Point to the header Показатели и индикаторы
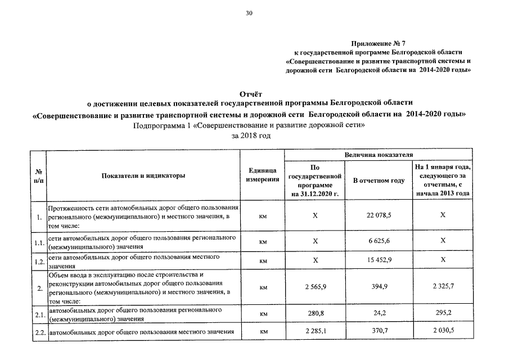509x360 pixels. [x=143, y=175]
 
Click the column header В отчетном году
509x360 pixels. [x=379, y=181]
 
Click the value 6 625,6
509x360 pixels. [x=379, y=241]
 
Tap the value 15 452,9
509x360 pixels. [x=379, y=260]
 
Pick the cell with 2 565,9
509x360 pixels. [x=316, y=287]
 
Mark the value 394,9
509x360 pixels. [x=379, y=287]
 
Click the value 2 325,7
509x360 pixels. [x=443, y=287]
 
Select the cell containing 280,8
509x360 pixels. [x=316, y=313]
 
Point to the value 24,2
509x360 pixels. [x=379, y=313]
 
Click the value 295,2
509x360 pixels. [x=443, y=313]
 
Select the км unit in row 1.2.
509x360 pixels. [x=262, y=261]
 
